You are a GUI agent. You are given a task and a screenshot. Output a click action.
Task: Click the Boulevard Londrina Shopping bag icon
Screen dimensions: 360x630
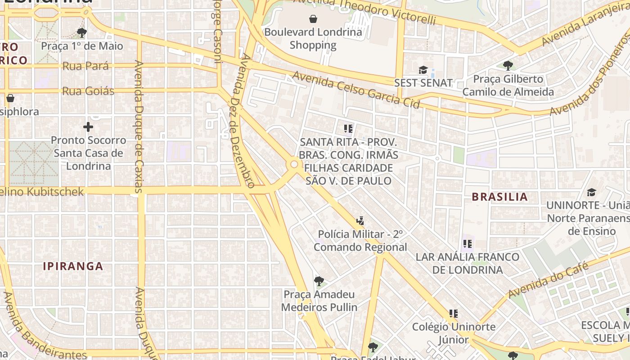(x=313, y=19)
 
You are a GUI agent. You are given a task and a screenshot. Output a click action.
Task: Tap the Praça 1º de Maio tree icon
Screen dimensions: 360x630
(x=81, y=32)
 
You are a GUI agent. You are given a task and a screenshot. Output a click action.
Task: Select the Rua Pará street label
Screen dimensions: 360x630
(x=85, y=66)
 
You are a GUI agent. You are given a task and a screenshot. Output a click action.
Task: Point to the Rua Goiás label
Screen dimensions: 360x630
(x=88, y=91)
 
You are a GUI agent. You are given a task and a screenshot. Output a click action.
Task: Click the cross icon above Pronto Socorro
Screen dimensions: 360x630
(x=88, y=126)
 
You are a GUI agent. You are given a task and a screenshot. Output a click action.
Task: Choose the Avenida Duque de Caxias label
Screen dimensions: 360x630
(x=139, y=126)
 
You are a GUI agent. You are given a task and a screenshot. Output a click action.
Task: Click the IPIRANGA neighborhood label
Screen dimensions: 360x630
(x=73, y=266)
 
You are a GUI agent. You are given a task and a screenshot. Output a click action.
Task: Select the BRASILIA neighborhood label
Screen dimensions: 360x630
(x=499, y=197)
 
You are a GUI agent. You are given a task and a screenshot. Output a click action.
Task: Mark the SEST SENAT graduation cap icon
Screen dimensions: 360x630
(x=423, y=70)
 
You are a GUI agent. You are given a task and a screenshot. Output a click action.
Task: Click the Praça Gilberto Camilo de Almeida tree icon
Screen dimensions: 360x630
(x=508, y=66)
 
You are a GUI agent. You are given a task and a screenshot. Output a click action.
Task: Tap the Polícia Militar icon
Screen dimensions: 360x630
(x=360, y=221)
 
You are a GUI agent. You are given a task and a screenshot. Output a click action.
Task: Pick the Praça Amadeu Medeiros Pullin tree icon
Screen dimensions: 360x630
(x=319, y=281)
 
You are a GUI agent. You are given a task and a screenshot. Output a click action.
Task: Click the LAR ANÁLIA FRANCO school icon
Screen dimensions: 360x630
(x=468, y=244)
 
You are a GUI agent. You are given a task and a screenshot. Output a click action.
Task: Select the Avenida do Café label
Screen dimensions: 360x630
(x=548, y=280)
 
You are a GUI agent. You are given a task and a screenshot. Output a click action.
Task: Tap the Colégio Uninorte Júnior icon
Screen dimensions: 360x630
(x=454, y=314)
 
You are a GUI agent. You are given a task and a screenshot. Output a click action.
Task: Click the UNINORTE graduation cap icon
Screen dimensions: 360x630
(x=591, y=193)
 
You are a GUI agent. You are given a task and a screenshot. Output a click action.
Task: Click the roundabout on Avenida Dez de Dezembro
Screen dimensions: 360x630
(x=294, y=165)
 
